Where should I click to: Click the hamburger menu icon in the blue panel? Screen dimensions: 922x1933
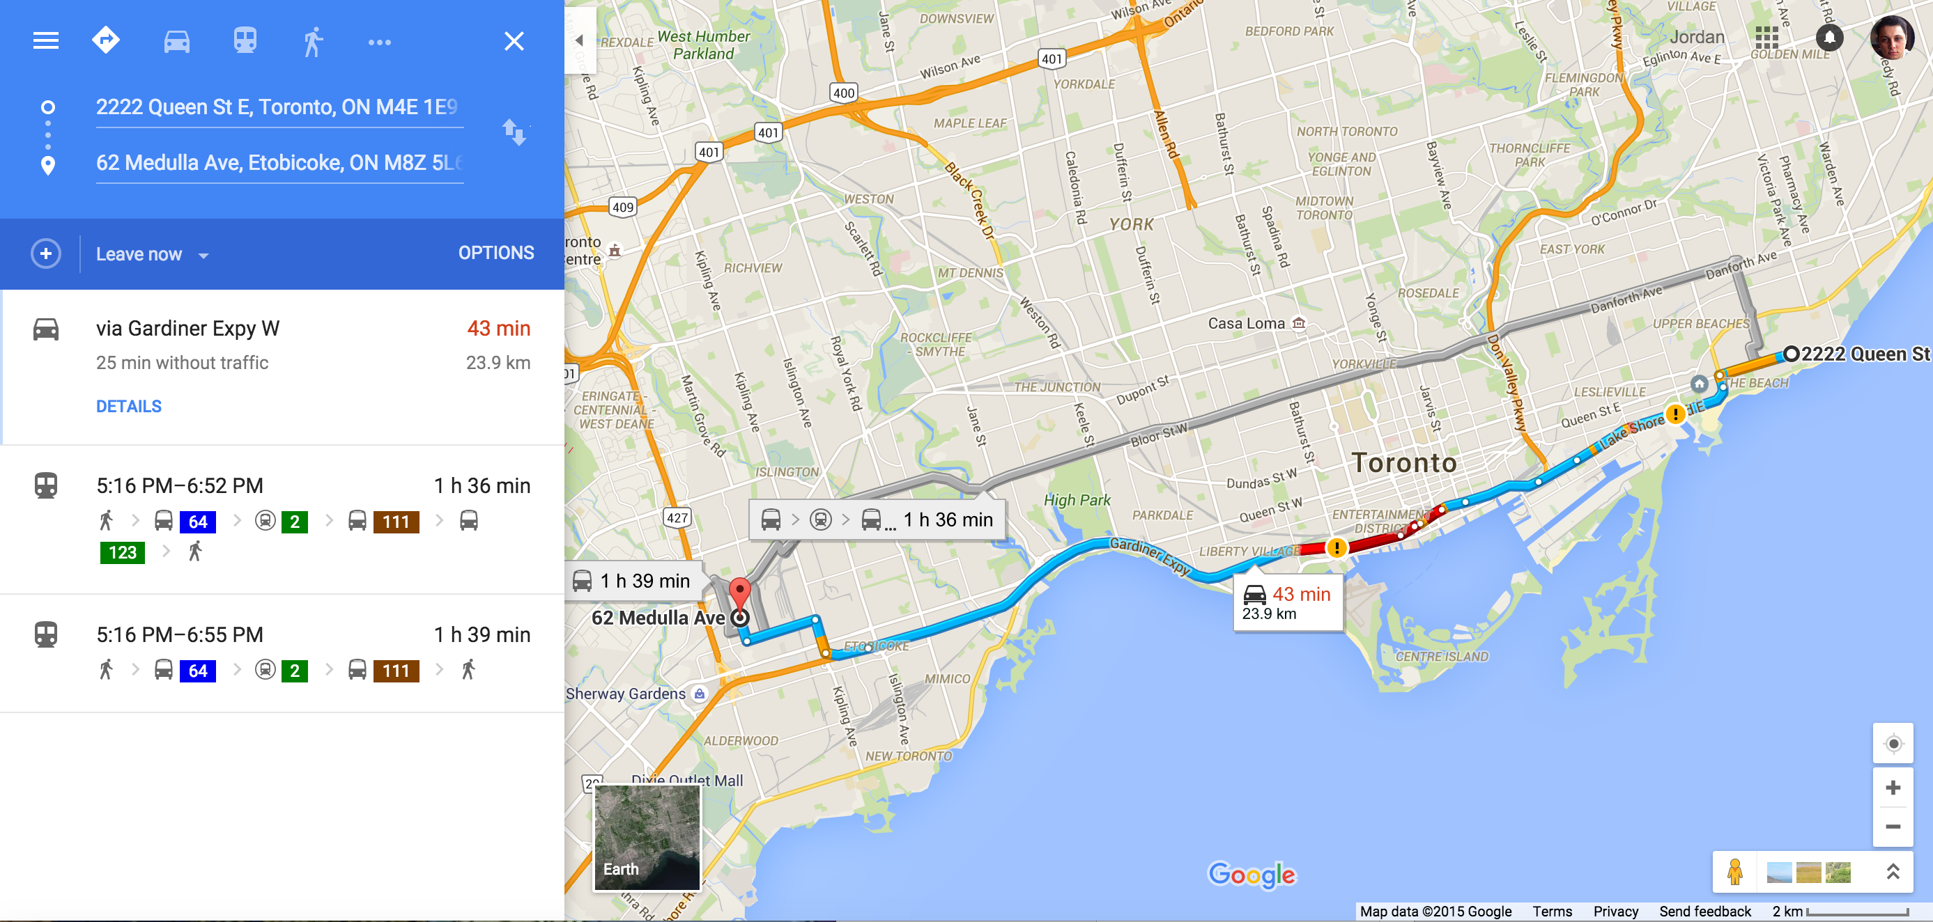(x=46, y=40)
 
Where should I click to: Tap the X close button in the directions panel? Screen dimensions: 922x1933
(x=514, y=41)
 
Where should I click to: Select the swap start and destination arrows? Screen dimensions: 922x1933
(x=514, y=133)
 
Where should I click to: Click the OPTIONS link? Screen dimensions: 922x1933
(x=496, y=253)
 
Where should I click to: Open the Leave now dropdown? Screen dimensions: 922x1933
(x=152, y=254)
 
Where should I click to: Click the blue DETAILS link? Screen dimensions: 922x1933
(x=128, y=406)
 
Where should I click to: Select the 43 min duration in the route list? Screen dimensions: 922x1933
(x=498, y=328)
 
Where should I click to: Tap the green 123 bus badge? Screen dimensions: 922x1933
(x=123, y=552)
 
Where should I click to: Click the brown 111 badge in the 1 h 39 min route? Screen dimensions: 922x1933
(x=396, y=670)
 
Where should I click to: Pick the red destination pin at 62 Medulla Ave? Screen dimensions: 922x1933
(x=740, y=592)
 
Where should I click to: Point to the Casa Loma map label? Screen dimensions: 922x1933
(x=1246, y=323)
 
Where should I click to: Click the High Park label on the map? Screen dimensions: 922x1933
(x=1076, y=499)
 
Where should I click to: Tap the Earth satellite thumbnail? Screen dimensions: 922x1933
(x=647, y=837)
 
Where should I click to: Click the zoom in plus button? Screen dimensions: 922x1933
(x=1893, y=787)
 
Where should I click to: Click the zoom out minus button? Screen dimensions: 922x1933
(x=1893, y=826)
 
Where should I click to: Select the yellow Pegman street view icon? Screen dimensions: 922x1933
(x=1734, y=872)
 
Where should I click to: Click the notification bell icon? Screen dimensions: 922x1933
(x=1828, y=37)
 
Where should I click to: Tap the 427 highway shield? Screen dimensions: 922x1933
(x=677, y=517)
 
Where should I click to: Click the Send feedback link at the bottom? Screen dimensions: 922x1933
(x=1704, y=911)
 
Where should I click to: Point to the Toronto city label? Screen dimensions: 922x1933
(x=1403, y=462)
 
